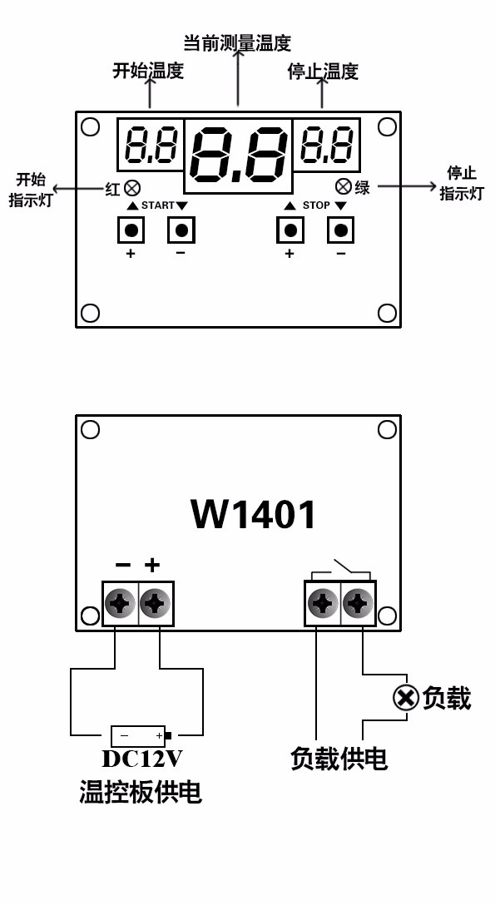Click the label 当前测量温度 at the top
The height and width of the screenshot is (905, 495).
click(237, 42)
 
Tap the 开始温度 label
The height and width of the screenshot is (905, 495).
click(148, 71)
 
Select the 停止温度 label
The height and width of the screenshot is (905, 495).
click(323, 72)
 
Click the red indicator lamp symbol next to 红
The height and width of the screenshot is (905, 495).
click(131, 188)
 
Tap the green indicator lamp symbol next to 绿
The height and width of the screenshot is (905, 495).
click(343, 186)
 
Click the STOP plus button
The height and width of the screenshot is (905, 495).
click(290, 230)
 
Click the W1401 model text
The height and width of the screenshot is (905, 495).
click(254, 514)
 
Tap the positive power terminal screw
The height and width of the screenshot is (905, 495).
click(155, 603)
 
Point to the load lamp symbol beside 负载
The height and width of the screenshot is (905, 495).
click(405, 697)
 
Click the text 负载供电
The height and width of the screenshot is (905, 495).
click(339, 758)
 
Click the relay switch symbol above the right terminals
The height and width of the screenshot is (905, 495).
click(341, 571)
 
